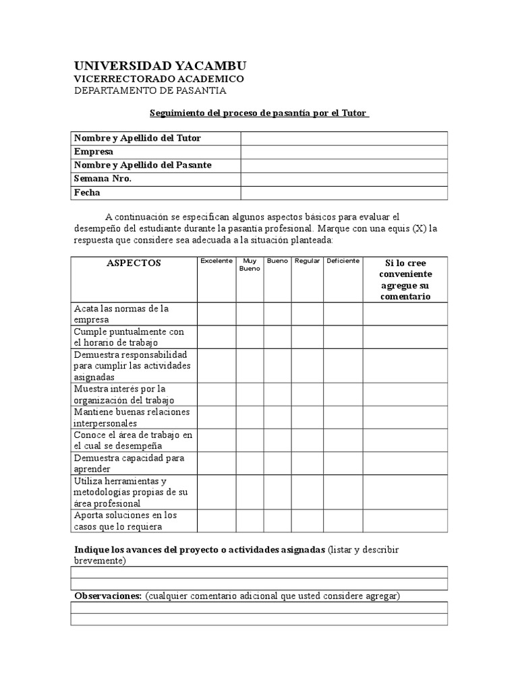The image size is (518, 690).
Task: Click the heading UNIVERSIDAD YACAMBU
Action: [x=160, y=65]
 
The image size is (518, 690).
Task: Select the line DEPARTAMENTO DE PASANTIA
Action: [x=150, y=91]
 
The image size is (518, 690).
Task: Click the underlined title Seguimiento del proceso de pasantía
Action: [x=259, y=114]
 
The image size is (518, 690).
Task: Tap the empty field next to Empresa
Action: [x=344, y=152]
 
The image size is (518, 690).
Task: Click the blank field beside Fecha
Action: [x=344, y=193]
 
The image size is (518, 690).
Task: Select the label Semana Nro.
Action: [x=103, y=179]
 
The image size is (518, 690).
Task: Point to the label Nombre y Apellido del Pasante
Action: [x=142, y=165]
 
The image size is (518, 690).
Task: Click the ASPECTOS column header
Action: [x=134, y=263]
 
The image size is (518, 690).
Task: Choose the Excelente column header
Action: [x=216, y=261]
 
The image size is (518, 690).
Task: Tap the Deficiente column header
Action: [x=343, y=261]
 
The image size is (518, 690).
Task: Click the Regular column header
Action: [x=307, y=261]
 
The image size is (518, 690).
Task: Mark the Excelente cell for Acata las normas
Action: [x=216, y=314]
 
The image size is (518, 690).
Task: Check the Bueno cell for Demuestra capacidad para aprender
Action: [x=277, y=463]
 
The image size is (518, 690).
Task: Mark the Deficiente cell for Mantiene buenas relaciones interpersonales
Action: [x=343, y=417]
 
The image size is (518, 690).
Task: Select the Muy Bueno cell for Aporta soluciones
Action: [x=249, y=521]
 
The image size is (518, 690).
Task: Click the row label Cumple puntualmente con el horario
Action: [x=129, y=337]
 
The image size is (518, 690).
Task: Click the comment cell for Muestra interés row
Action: [x=405, y=394]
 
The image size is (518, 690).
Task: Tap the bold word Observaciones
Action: [x=107, y=596]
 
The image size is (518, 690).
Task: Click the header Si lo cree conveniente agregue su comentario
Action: [x=405, y=280]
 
